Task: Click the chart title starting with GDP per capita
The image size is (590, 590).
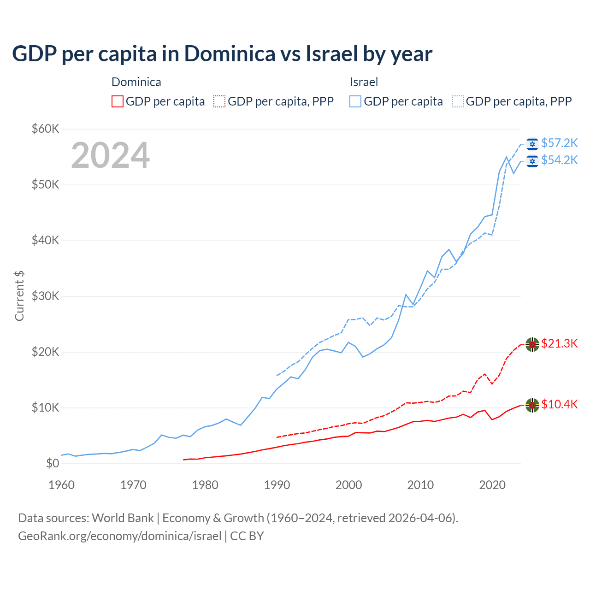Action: [222, 53]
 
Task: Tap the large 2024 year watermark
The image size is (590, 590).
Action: [110, 155]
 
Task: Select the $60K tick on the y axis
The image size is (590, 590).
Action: [45, 129]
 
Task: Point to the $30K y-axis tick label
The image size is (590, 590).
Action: [45, 296]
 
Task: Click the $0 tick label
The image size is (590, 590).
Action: [52, 463]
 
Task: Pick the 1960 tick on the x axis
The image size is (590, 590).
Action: [61, 485]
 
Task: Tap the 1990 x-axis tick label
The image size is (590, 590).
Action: [277, 485]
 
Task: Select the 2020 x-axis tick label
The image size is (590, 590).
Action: [492, 485]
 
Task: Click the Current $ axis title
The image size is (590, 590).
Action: [19, 296]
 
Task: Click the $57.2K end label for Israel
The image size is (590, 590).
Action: [559, 143]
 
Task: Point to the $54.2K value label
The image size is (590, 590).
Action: [559, 160]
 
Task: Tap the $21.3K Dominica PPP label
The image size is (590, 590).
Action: [559, 343]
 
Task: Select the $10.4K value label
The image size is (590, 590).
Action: [559, 404]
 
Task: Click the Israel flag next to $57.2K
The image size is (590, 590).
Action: [532, 144]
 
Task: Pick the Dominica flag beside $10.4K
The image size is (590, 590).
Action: [532, 405]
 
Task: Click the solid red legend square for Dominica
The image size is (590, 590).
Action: [118, 101]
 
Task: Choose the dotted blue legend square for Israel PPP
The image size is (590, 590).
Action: [458, 101]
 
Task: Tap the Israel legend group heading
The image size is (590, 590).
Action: [364, 82]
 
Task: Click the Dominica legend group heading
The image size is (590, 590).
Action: [136, 82]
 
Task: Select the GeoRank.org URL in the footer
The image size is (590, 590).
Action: [120, 536]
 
